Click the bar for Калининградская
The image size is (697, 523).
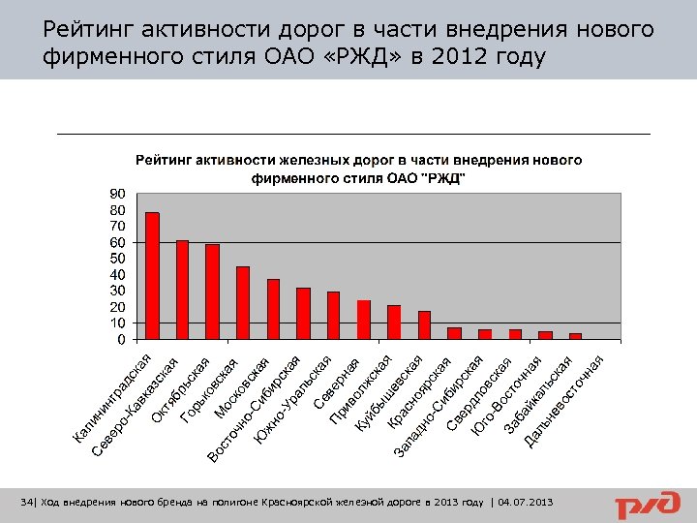[152, 276]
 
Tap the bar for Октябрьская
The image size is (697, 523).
[212, 292]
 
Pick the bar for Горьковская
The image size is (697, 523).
[243, 303]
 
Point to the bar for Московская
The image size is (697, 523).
[273, 309]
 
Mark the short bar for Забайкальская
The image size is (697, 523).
[545, 335]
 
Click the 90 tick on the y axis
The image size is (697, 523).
[116, 194]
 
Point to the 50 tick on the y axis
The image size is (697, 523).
[116, 259]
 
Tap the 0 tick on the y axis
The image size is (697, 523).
[120, 339]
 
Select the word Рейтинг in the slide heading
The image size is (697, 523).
[88, 31]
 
